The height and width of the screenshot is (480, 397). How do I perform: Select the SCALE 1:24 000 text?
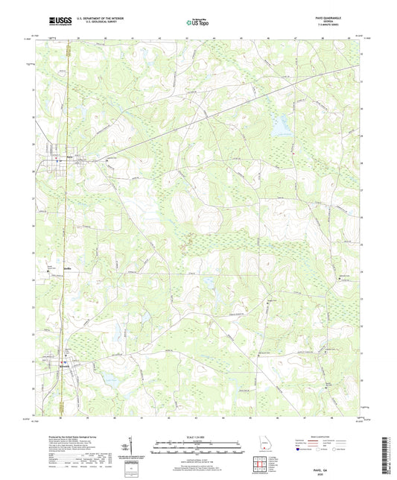[x=197, y=437]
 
